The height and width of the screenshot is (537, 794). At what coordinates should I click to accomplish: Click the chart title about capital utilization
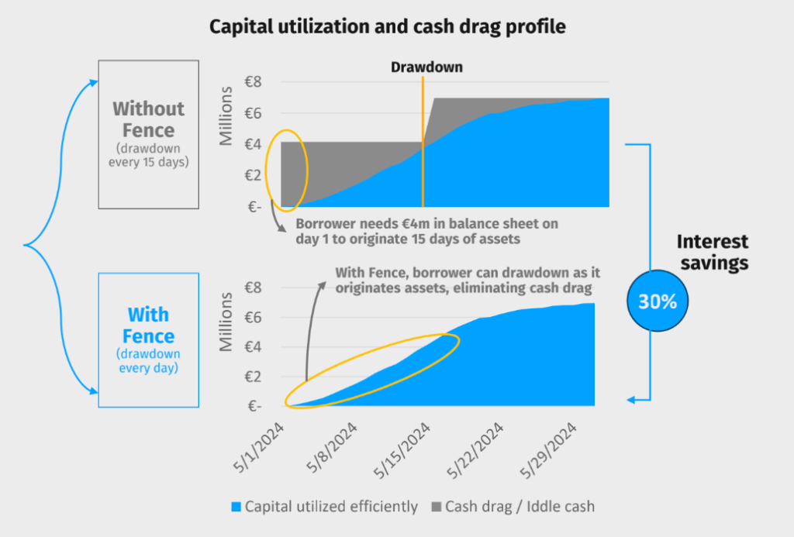pyautogui.click(x=387, y=27)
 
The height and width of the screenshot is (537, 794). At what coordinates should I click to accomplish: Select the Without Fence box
pyautogui.click(x=148, y=133)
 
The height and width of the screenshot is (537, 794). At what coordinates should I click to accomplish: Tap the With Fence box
pyautogui.click(x=148, y=339)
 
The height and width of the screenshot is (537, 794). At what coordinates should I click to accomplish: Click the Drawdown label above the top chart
pyautogui.click(x=426, y=67)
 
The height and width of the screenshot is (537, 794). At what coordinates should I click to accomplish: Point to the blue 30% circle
pyautogui.click(x=658, y=301)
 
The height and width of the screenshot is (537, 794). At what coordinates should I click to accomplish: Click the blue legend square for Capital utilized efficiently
pyautogui.click(x=236, y=508)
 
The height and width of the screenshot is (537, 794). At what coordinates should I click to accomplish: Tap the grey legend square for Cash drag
pyautogui.click(x=437, y=508)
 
